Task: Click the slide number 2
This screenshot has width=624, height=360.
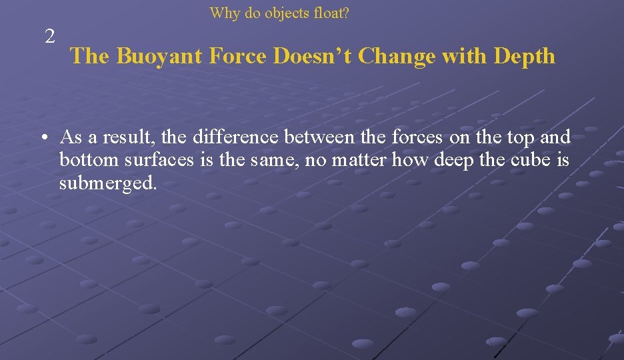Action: (x=50, y=37)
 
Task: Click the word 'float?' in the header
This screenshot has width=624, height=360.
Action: (x=329, y=13)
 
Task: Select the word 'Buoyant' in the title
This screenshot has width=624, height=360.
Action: (x=159, y=56)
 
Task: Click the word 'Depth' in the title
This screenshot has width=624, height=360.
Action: (x=525, y=56)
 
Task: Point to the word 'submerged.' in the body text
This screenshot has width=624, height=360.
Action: (x=108, y=183)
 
